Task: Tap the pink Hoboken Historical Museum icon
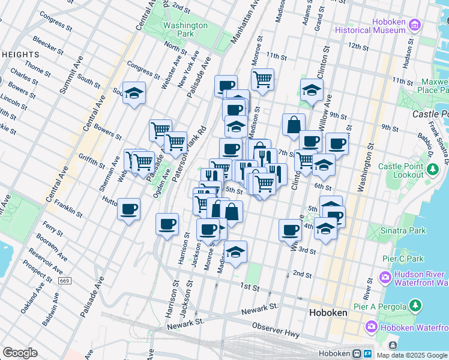point(414,25)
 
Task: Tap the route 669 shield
point(65,281)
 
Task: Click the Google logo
point(20,352)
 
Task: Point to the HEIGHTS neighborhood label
point(20,55)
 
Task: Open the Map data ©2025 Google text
point(412,355)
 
